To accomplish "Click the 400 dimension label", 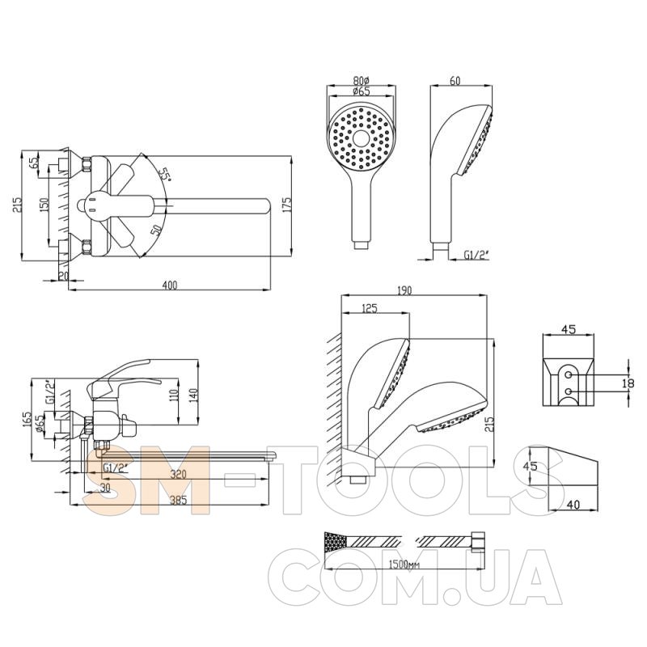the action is pyautogui.click(x=170, y=285).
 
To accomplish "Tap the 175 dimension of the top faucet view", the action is pyautogui.click(x=287, y=205).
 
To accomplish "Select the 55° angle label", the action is pyautogui.click(x=166, y=174).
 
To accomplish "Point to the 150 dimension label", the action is pyautogui.click(x=44, y=205).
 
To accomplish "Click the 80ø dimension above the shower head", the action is pyautogui.click(x=362, y=81).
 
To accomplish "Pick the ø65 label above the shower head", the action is pyautogui.click(x=362, y=91).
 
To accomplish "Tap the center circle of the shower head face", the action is pyautogui.click(x=362, y=139).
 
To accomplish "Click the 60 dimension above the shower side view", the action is pyautogui.click(x=455, y=80).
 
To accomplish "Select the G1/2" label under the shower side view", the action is pyautogui.click(x=476, y=256).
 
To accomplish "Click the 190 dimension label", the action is pyautogui.click(x=404, y=290).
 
